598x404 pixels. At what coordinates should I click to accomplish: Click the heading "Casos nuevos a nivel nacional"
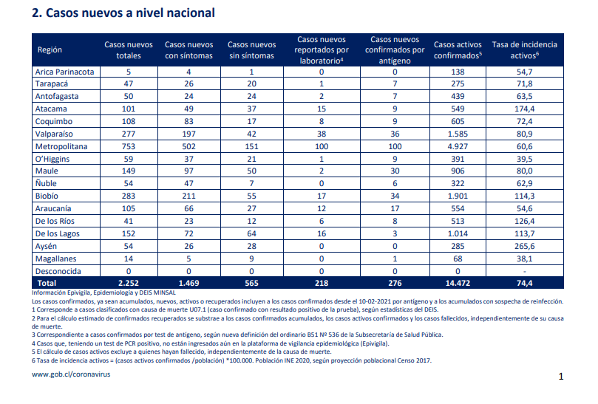[130, 13]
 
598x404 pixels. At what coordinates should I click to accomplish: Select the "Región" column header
[50, 50]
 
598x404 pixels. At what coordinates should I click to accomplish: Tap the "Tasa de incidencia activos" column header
[524, 50]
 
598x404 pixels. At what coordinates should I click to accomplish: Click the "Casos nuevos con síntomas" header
[188, 50]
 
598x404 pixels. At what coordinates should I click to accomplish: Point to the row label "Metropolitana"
[61, 146]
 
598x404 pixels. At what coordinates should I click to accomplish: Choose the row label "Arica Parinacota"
[64, 72]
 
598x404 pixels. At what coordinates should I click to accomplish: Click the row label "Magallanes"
[55, 259]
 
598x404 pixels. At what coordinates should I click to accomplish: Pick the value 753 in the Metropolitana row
[129, 146]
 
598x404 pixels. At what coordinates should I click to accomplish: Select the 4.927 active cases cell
[458, 146]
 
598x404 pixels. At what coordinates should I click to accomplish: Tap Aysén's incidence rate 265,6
[524, 246]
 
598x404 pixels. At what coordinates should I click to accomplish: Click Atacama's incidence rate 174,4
[524, 109]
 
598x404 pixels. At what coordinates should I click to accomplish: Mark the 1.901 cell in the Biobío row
[458, 196]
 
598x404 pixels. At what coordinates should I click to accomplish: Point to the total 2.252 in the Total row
[129, 283]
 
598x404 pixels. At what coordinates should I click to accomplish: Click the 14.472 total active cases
[458, 283]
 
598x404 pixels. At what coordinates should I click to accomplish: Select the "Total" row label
[47, 283]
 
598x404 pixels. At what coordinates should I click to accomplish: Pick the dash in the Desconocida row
[524, 272]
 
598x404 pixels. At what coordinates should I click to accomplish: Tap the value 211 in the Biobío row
[188, 196]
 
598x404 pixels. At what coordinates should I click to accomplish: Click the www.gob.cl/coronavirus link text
[71, 374]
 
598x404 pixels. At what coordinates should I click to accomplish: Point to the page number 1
[560, 377]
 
